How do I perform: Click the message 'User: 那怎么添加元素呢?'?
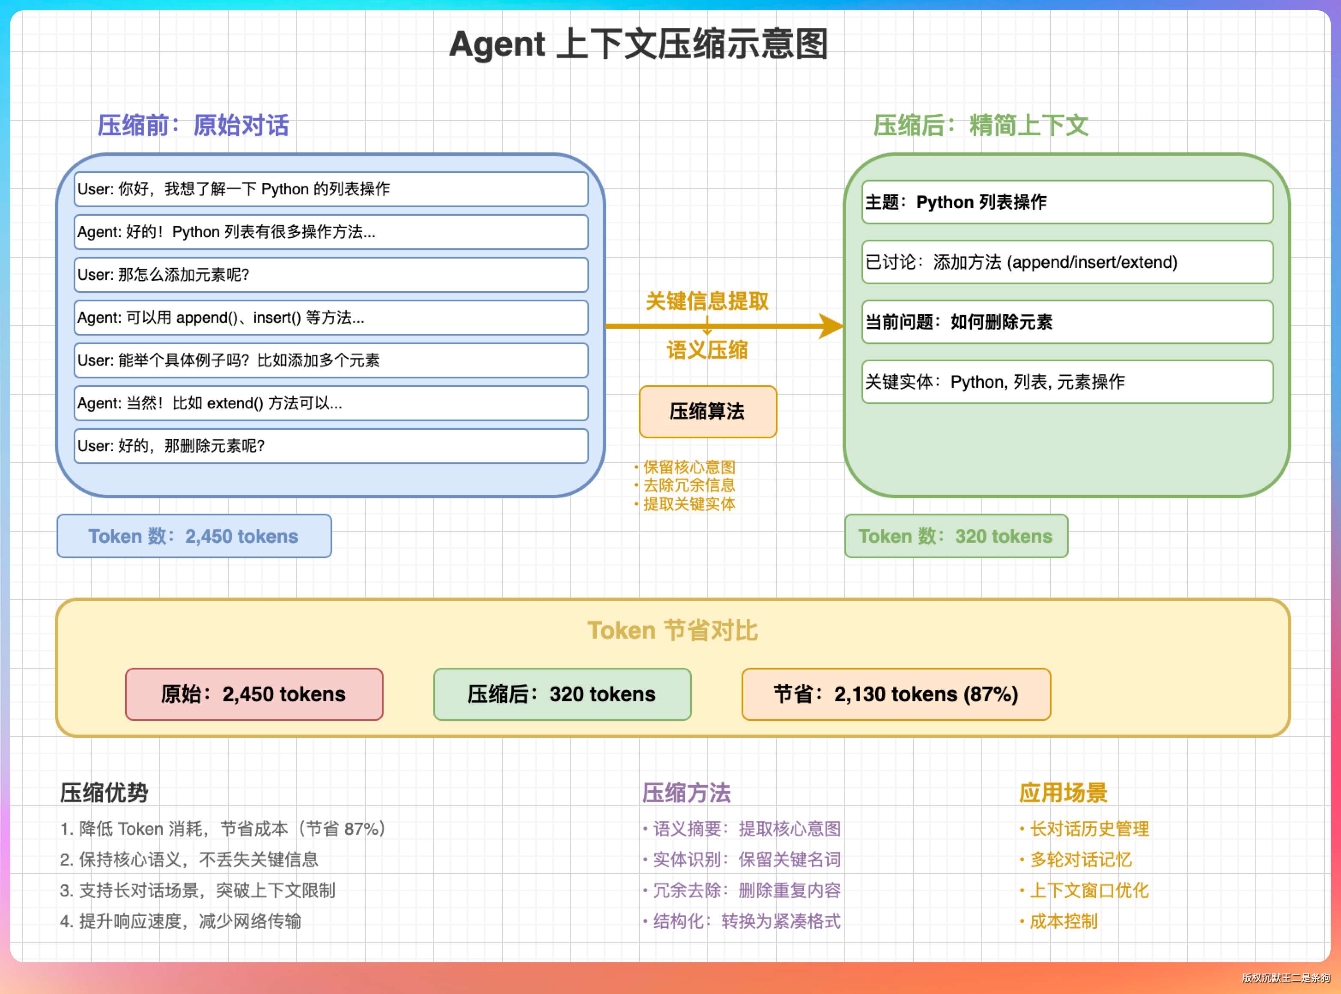pos(331,275)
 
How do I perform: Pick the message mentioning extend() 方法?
pos(331,403)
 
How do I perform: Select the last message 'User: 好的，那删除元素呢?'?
pos(331,446)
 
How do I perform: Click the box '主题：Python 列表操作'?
pos(1067,202)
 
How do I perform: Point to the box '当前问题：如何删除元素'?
pos(1067,322)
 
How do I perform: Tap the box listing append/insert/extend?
pos(1067,262)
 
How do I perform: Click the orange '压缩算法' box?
pos(708,411)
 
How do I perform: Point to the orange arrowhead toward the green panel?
pos(832,326)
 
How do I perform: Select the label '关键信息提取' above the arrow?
pos(707,301)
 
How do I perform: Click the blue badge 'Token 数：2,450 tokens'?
pos(194,536)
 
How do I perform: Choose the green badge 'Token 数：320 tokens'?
pos(956,536)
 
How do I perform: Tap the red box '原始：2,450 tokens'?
pos(254,694)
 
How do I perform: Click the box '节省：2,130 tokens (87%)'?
pos(896,694)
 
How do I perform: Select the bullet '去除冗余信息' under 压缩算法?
pos(689,485)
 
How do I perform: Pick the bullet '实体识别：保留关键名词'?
pos(746,860)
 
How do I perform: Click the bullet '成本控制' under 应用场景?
pos(1063,921)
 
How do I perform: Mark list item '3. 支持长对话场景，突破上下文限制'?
pos(197,890)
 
